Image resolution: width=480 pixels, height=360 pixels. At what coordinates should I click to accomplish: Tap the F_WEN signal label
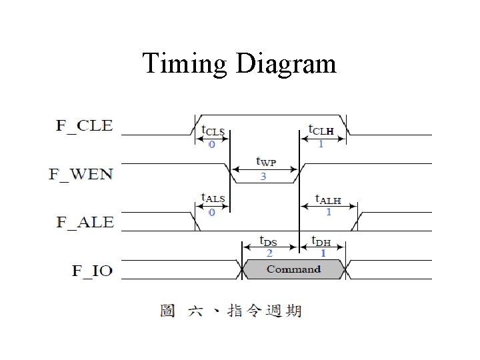click(81, 174)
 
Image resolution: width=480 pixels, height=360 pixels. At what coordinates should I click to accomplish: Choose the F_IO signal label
click(92, 271)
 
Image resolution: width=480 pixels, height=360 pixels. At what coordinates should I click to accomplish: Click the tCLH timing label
click(321, 129)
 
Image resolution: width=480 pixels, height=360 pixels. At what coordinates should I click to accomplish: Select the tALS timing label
click(213, 198)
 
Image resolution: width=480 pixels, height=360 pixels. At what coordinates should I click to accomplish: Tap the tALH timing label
click(328, 199)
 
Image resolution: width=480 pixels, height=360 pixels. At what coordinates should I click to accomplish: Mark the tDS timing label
click(269, 241)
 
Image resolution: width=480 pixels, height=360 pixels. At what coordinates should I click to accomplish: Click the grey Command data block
click(293, 269)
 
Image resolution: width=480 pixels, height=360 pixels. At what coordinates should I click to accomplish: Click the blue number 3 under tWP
click(263, 177)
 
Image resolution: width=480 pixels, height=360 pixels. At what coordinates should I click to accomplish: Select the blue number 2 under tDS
click(269, 253)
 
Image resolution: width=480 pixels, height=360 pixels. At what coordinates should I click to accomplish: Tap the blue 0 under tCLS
click(212, 144)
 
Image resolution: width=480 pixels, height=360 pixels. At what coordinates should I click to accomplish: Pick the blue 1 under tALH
click(328, 212)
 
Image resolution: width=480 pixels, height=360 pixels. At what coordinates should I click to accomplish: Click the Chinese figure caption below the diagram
click(231, 311)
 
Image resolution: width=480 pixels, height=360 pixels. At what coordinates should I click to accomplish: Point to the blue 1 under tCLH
click(321, 144)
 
